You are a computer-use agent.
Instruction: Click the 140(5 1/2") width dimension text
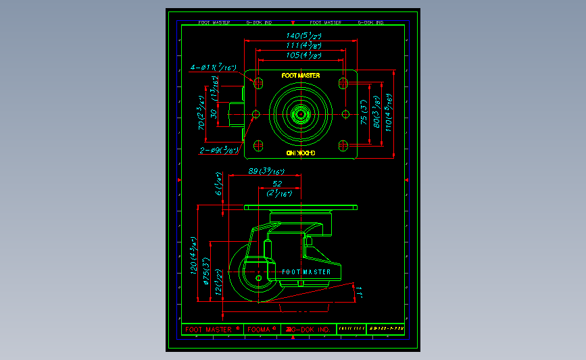[303, 35]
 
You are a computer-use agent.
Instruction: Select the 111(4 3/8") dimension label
[303, 45]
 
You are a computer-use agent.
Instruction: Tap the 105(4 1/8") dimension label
[303, 55]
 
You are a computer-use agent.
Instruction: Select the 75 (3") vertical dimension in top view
[363, 114]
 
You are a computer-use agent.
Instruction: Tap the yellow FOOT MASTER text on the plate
[301, 76]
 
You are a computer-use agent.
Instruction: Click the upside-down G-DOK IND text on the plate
[301, 153]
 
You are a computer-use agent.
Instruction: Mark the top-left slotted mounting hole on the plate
[258, 82]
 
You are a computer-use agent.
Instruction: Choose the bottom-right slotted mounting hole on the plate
[343, 145]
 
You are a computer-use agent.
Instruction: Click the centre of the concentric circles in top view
[300, 113]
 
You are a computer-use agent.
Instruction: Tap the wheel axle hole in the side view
[259, 278]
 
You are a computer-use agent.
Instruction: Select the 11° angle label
[360, 292]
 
